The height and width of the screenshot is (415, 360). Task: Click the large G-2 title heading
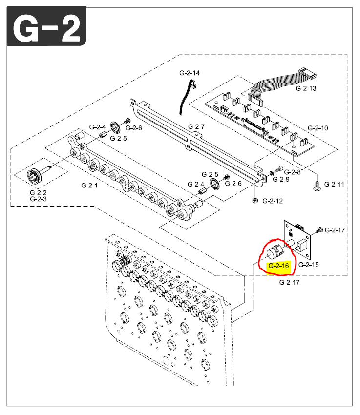point(46,28)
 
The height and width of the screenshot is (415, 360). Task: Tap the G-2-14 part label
point(190,73)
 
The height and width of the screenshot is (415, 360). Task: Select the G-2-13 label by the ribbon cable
point(306,88)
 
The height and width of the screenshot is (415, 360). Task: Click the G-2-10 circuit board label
point(318,128)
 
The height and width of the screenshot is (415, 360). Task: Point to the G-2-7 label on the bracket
point(196,126)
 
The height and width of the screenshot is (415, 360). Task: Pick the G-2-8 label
point(293,172)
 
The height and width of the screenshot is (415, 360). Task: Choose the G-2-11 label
point(335,184)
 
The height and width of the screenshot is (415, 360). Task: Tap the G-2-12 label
point(272,201)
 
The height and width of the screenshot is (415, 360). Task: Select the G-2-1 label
point(90,186)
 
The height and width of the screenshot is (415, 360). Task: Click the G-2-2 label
point(39,193)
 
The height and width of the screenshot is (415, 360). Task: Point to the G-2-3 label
point(39,199)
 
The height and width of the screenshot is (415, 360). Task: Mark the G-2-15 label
point(309,265)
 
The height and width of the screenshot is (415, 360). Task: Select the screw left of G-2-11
point(316,185)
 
